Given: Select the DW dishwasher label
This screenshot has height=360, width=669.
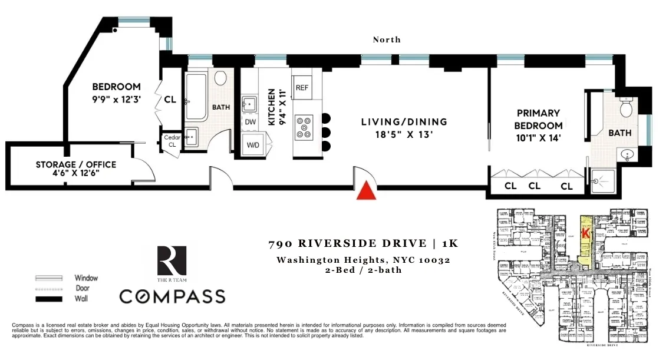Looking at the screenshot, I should (250, 122).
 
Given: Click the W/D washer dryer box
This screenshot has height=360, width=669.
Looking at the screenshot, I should (253, 144).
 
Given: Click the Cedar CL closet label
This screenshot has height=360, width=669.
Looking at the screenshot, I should (172, 141).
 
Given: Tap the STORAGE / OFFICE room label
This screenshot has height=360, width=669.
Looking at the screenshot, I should (76, 169).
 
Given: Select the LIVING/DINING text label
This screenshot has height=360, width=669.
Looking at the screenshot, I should (404, 122).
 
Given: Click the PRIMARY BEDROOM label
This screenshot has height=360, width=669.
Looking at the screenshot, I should (538, 119).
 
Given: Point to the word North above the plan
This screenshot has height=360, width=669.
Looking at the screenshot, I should (387, 39).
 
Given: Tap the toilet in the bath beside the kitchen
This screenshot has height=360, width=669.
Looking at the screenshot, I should (221, 78).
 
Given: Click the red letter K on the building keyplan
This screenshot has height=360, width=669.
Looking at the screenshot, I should (585, 233).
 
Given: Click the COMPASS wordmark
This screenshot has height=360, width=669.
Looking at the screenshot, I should (172, 296).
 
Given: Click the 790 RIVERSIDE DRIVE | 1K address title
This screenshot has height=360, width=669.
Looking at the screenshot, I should (363, 243).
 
